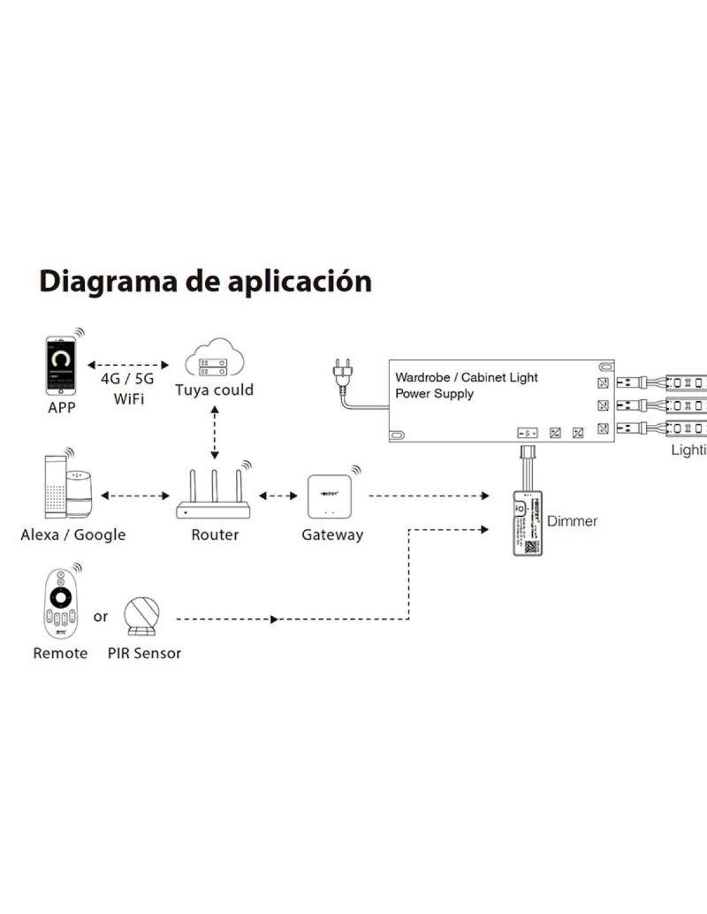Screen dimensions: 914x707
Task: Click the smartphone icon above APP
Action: coord(61,366)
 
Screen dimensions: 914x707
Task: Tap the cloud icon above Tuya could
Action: coord(215,359)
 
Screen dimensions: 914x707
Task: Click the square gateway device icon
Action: coord(331,496)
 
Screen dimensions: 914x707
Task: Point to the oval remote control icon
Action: coord(60,604)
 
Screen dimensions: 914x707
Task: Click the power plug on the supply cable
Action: coord(341,374)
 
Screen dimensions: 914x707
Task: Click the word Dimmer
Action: coord(572,521)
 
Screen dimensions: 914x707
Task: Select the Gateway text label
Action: coord(332,535)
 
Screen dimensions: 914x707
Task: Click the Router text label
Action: coord(215,535)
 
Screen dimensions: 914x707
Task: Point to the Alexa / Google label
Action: coord(73,535)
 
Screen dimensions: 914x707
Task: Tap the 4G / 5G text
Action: coord(127,379)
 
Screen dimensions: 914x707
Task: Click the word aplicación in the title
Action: coord(300,282)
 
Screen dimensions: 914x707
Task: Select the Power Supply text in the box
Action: coord(434,393)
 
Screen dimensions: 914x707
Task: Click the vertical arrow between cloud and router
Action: coord(215,433)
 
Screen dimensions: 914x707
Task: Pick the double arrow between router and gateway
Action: coord(278,496)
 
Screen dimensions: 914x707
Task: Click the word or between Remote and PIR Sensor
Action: coord(100,617)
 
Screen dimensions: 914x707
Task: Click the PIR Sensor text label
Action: coord(144,653)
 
